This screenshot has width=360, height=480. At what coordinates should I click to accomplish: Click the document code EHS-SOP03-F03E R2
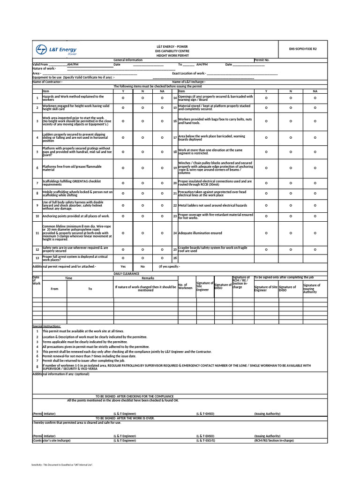coord(303,48)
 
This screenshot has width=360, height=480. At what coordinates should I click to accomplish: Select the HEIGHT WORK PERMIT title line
coord(172,55)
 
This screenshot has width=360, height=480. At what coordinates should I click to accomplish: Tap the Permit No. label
coord(262,60)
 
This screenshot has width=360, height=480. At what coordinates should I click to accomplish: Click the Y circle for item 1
coord(123,98)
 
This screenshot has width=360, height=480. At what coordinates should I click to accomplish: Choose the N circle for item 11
coord(143,233)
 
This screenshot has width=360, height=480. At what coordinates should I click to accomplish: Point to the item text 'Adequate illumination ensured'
coord(200,233)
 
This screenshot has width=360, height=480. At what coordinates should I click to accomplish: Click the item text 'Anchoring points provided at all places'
coord(76,216)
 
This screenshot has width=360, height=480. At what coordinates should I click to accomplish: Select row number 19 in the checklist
coord(174,168)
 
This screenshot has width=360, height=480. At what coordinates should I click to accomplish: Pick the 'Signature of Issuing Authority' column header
coord(311,288)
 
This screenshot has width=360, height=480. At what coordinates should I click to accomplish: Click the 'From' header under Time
coord(54,289)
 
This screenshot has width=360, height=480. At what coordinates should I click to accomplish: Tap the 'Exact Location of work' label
coord(188,74)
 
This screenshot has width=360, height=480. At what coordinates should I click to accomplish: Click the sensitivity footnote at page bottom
coord(62,465)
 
